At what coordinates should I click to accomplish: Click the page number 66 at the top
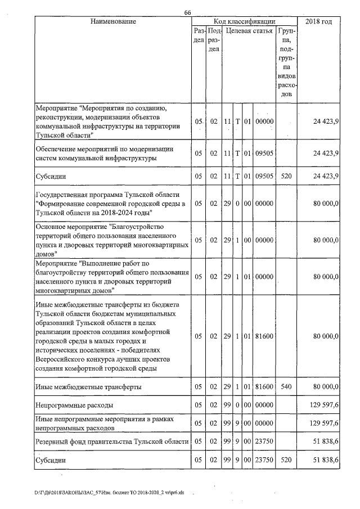[188, 13]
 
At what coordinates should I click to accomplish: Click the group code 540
[286, 387]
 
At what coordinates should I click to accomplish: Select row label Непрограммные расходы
[74, 404]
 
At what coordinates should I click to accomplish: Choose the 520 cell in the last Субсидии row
[286, 460]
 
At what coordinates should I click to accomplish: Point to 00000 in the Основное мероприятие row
[263, 240]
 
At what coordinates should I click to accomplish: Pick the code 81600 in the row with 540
[263, 387]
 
